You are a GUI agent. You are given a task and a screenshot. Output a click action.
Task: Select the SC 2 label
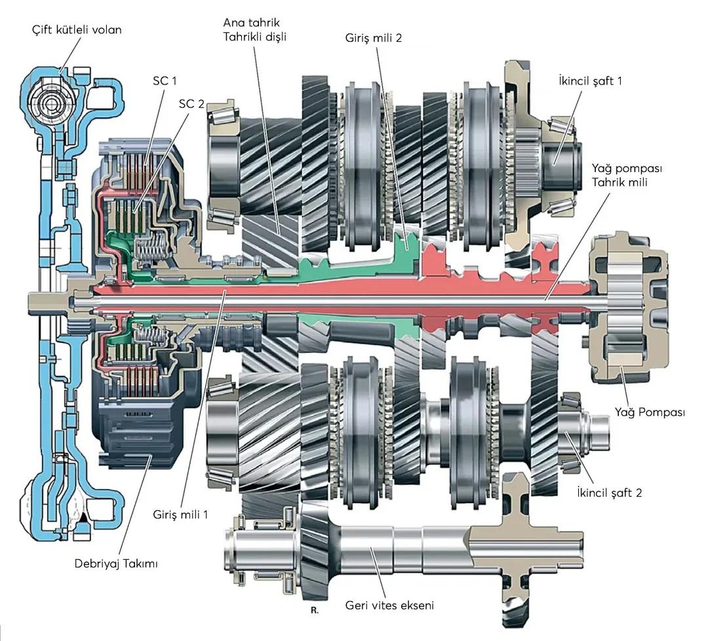191,103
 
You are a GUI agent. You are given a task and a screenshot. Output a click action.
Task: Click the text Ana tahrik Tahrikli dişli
254,30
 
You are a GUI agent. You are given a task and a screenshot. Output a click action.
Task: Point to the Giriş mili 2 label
374,38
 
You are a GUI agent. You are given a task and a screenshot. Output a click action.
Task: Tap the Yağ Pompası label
650,412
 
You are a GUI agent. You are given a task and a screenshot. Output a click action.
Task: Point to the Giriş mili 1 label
180,514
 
